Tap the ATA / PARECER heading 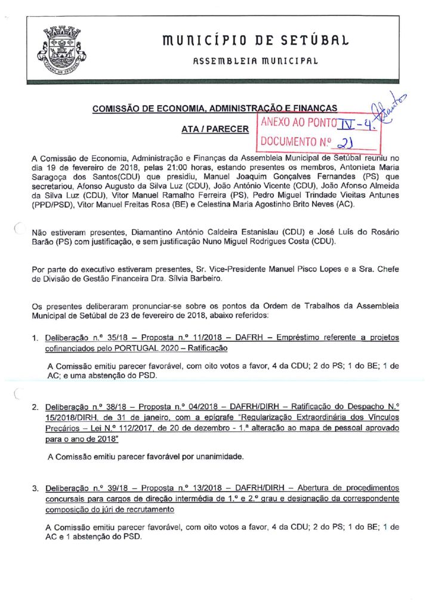pyautogui.click(x=215, y=128)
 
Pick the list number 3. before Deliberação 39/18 pyautogui.click(x=36, y=489)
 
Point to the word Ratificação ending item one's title pyautogui.click(x=202, y=348)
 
